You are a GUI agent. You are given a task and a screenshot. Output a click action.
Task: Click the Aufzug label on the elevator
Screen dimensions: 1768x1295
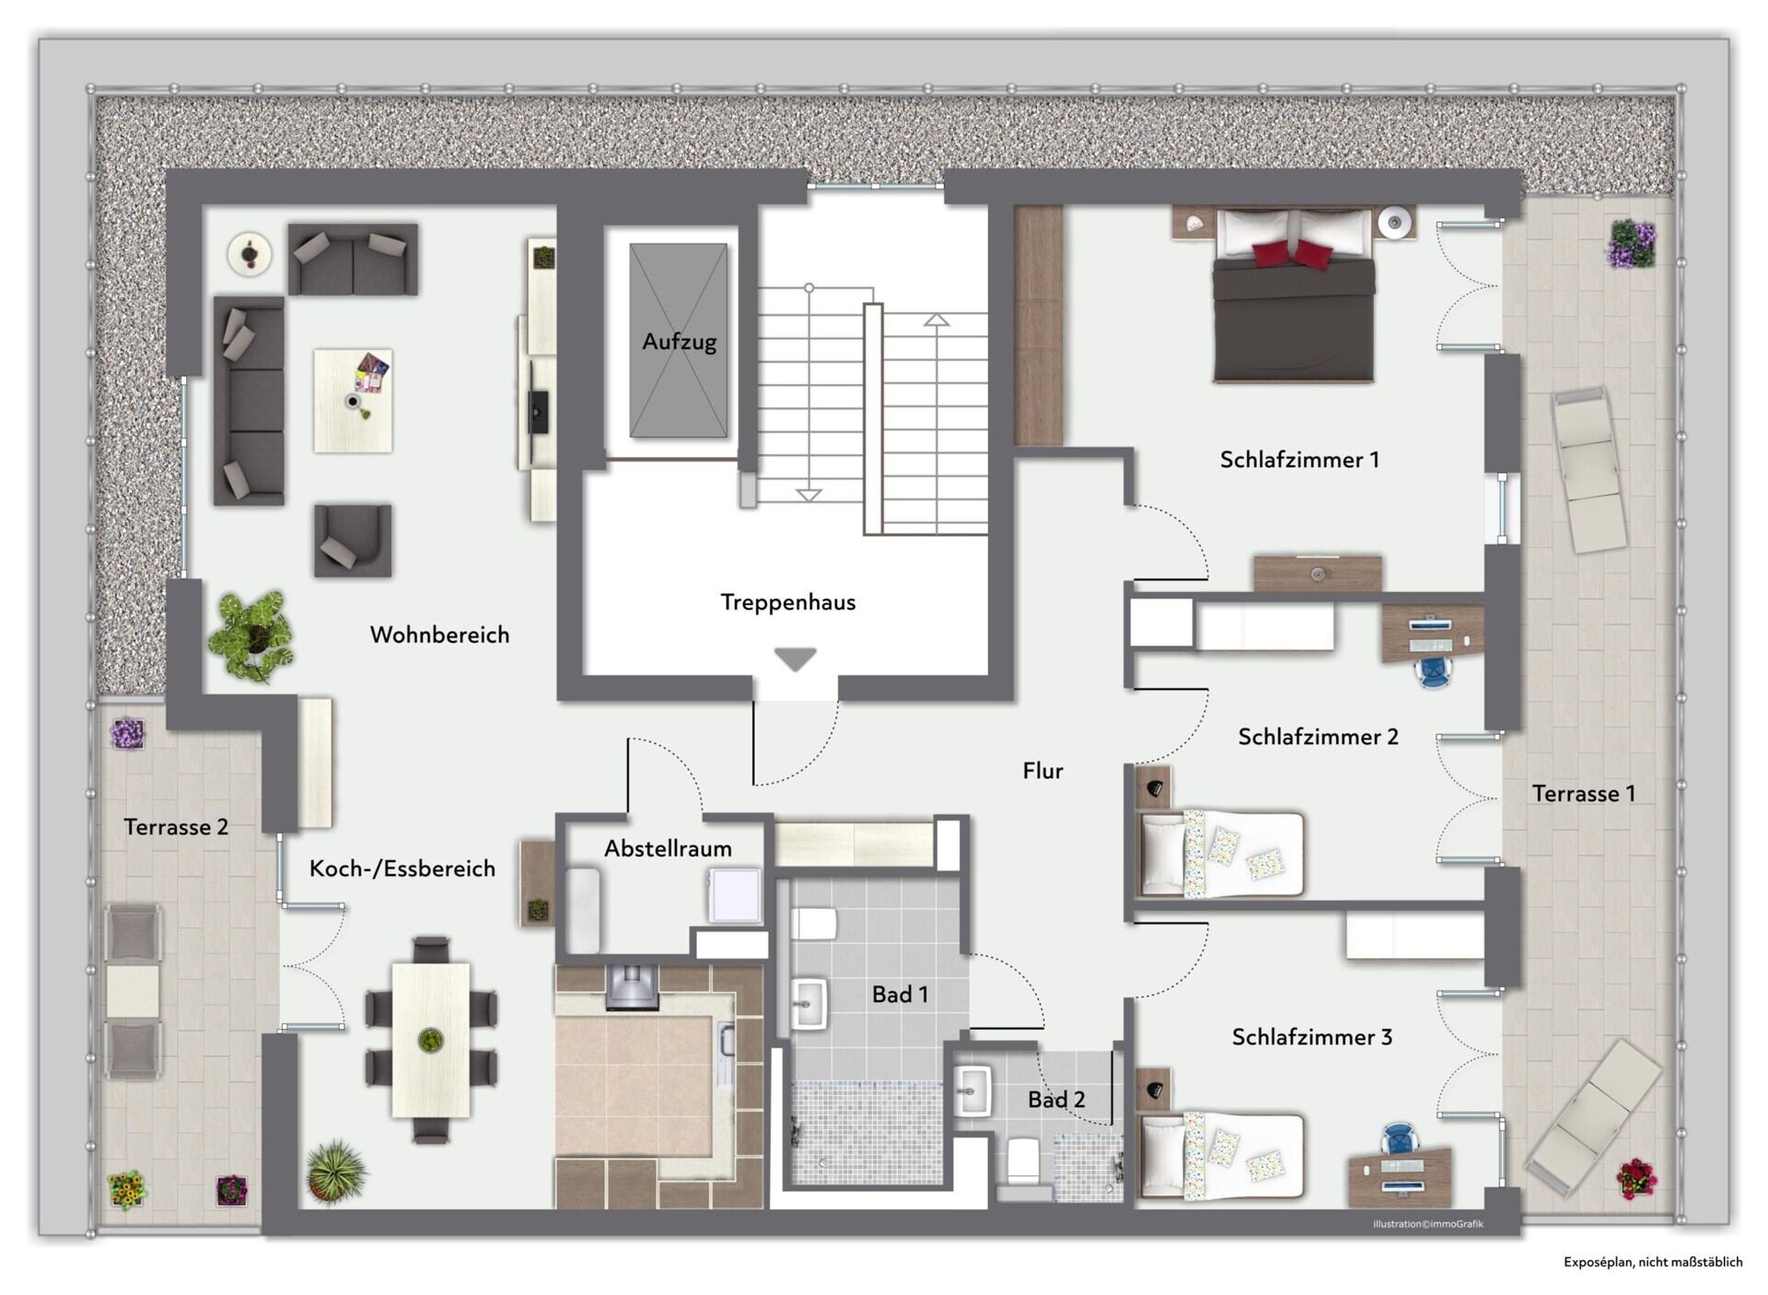coord(679,342)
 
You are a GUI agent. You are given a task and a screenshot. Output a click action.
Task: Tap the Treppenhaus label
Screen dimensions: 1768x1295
coord(787,602)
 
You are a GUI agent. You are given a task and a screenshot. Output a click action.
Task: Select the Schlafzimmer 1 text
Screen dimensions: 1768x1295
coord(1299,460)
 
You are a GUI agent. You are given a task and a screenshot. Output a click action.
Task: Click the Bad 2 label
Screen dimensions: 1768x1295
coord(1056,1099)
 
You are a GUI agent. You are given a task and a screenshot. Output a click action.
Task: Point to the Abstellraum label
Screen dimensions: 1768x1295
coord(668,848)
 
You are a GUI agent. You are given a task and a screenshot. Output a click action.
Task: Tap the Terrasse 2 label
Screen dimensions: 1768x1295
coord(176,827)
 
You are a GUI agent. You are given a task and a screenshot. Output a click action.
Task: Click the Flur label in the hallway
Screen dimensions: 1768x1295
coord(1042,771)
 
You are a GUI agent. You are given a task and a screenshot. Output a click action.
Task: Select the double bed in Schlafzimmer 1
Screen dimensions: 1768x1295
coord(1294,295)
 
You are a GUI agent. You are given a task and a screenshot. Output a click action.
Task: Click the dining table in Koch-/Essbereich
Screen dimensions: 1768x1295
coord(431,1040)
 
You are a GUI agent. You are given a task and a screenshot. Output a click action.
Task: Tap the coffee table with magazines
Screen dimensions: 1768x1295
coord(353,401)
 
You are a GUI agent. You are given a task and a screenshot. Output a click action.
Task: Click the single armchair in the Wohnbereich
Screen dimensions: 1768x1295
coord(353,540)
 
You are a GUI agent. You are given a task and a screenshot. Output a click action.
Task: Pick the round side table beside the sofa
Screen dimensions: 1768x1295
coord(250,253)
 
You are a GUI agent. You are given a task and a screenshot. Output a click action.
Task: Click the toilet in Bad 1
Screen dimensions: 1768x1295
coord(813,923)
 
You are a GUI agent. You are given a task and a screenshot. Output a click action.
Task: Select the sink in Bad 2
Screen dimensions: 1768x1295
coord(972,1091)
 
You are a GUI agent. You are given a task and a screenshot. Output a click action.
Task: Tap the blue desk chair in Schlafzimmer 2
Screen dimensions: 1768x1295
coord(1435,672)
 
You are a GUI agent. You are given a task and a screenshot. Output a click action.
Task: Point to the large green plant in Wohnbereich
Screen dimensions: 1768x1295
coord(250,636)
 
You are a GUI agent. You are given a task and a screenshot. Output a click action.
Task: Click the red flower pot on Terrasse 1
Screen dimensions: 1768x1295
coord(1635,1179)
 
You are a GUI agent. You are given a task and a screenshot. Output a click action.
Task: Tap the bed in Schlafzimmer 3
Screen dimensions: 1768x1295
coord(1221,1157)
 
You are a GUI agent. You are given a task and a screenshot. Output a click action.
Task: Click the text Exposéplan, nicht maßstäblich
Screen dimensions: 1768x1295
coord(1653,1263)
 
